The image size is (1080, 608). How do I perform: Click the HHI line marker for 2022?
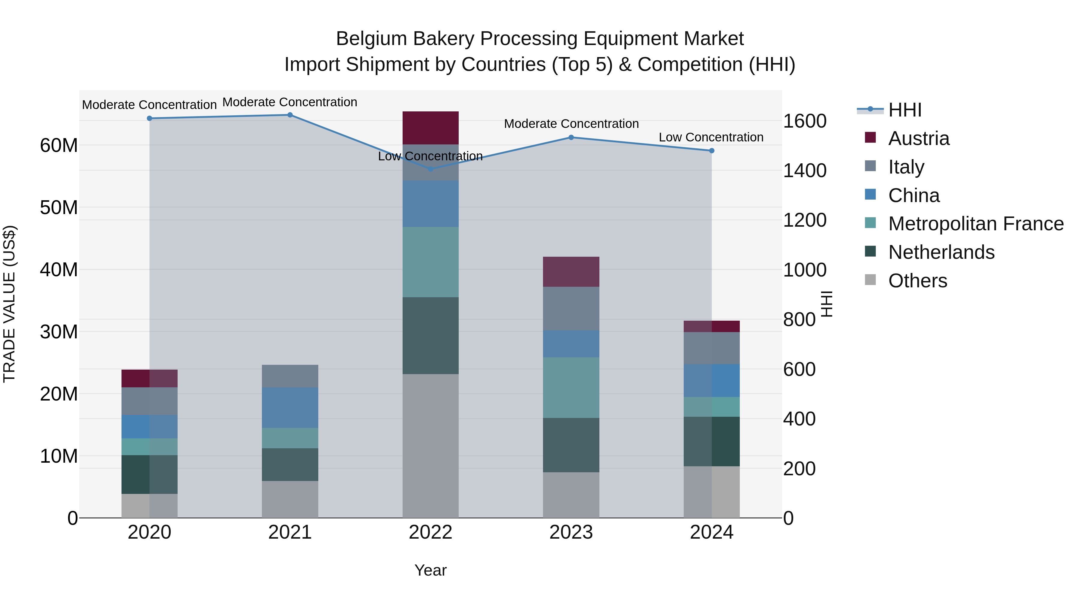click(x=430, y=169)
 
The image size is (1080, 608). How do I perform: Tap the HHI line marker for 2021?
click(x=290, y=115)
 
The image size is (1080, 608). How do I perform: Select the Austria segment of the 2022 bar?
click(x=430, y=128)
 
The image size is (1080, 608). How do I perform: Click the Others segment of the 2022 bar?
click(x=430, y=446)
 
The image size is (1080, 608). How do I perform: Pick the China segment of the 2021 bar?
click(x=290, y=407)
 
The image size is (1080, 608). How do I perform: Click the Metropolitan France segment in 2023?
click(x=571, y=387)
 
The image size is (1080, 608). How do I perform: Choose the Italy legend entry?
click(x=906, y=167)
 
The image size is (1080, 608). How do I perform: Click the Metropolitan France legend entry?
click(x=975, y=224)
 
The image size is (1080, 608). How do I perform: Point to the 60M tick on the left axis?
click(x=59, y=146)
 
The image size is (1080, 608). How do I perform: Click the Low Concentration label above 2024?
click(x=711, y=137)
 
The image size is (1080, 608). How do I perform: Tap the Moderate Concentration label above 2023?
click(x=571, y=124)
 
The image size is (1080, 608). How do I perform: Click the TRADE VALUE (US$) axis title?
click(x=9, y=304)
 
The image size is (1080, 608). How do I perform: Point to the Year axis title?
click(x=430, y=570)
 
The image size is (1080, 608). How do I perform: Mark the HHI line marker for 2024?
click(x=712, y=151)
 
